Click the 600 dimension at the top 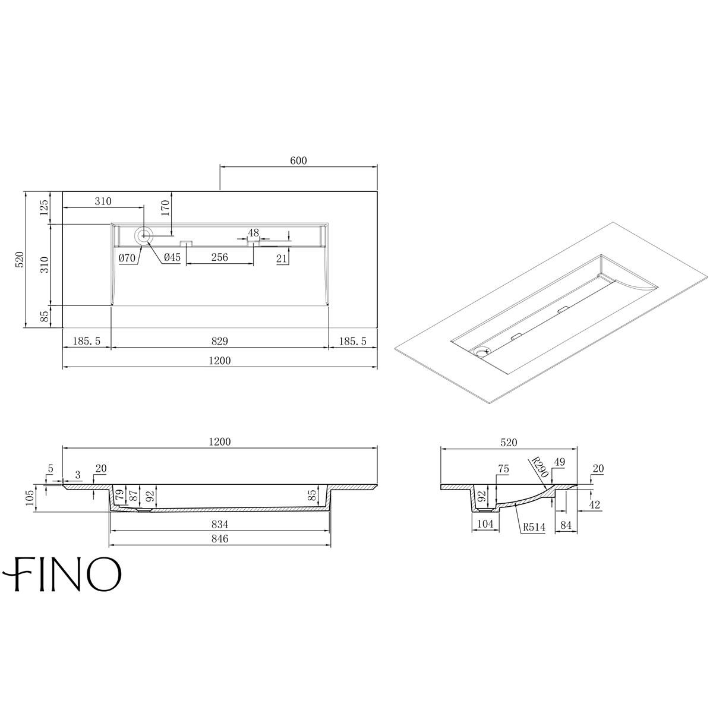point(298,161)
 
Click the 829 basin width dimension point(219,342)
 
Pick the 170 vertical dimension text point(166,207)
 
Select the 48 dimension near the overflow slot point(253,232)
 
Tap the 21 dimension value point(282,257)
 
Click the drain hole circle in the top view point(143,236)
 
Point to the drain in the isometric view point(481,351)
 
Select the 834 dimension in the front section point(220,525)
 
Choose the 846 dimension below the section point(220,539)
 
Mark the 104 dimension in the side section point(486,523)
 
